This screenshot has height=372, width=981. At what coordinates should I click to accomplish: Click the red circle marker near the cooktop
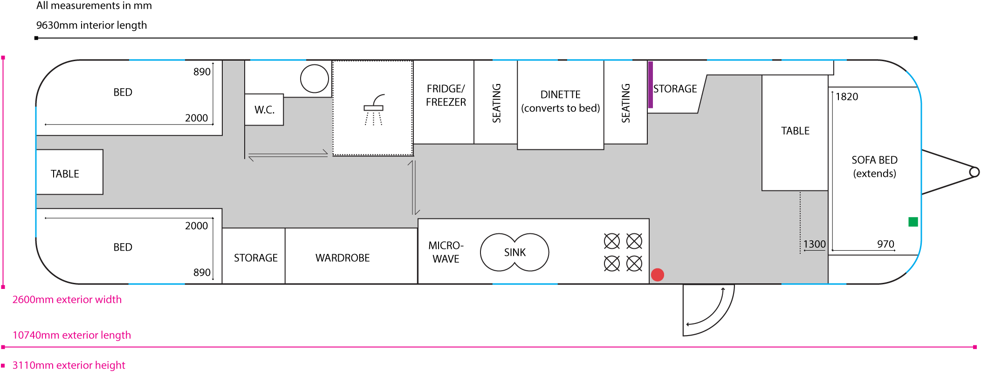657,274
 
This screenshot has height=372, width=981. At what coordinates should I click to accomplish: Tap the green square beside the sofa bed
913,222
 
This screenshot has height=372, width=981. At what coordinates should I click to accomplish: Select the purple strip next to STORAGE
651,84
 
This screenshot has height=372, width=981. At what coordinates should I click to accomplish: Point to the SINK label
515,253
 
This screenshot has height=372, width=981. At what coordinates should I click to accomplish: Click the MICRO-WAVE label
446,252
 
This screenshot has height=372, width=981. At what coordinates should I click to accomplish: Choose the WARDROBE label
343,258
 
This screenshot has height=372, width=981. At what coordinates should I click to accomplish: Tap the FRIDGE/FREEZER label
446,95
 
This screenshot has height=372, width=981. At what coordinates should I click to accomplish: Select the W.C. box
264,110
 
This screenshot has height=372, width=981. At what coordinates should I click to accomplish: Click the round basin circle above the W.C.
315,78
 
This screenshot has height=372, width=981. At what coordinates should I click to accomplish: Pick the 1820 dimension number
846,97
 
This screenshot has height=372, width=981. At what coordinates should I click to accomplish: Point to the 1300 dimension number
814,244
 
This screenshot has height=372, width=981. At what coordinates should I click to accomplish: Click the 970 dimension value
885,244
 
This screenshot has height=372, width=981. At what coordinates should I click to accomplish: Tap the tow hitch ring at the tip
974,172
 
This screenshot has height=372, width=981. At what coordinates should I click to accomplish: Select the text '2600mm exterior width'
67,300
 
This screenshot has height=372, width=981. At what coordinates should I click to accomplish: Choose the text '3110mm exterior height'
69,365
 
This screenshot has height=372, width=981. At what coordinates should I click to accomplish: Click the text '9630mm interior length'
91,25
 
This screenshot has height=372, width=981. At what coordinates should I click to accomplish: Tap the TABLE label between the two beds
65,174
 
